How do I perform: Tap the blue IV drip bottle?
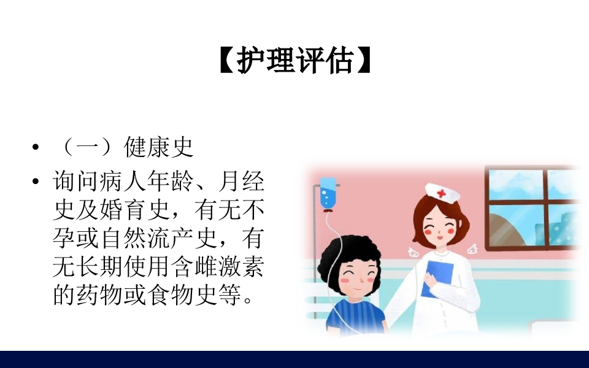coord(328,193)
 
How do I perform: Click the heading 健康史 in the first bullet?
coord(159,147)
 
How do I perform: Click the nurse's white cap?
coord(442,192)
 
